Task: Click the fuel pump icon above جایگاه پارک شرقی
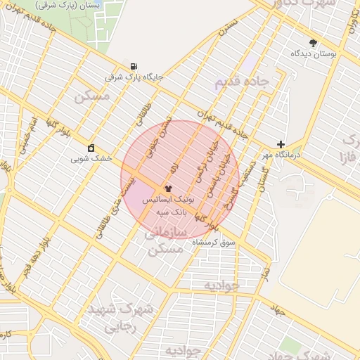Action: pyautogui.click(x=134, y=67)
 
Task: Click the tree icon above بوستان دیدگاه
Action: pyautogui.click(x=313, y=43)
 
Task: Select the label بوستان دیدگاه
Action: pyautogui.click(x=313, y=53)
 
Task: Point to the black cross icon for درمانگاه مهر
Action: pyautogui.click(x=281, y=144)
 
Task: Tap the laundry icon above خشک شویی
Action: pyautogui.click(x=91, y=148)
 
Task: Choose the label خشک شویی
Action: pyautogui.click(x=91, y=158)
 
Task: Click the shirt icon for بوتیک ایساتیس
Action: pyautogui.click(x=168, y=188)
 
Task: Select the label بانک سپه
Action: pyautogui.click(x=168, y=210)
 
